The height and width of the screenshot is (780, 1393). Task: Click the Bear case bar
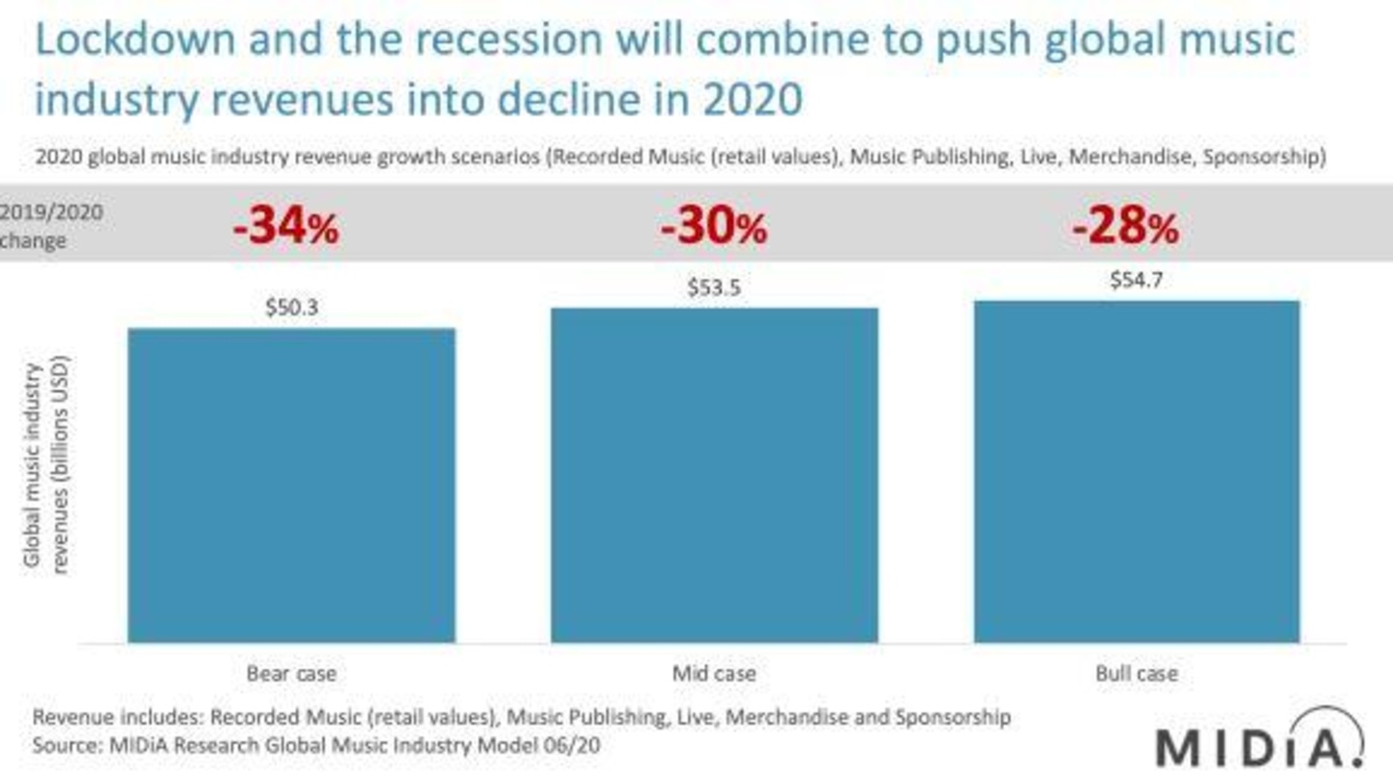(292, 485)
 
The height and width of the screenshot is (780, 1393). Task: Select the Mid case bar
(715, 475)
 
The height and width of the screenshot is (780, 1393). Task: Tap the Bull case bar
(1137, 471)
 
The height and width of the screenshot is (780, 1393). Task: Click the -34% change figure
(286, 226)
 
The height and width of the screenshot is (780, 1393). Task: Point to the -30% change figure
(714, 226)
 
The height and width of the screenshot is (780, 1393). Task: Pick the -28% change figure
(1126, 226)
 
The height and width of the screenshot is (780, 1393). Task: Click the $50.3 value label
(292, 308)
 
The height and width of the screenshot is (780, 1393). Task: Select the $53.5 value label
(714, 288)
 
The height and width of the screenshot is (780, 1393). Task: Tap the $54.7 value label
(1136, 281)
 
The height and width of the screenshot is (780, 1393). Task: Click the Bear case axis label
(292, 674)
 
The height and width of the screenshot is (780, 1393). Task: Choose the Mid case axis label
(714, 674)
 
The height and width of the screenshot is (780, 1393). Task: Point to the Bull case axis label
(1137, 674)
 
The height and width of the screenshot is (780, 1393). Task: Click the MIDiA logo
(1260, 740)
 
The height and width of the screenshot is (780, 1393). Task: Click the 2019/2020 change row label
(51, 226)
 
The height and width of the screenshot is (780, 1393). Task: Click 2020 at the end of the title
(753, 100)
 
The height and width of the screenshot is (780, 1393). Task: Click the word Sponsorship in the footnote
(953, 718)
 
